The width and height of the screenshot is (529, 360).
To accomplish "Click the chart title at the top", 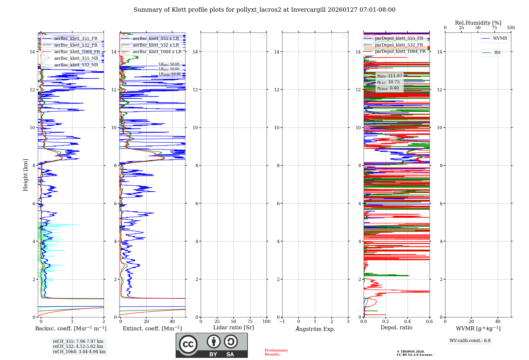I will click(x=264, y=10).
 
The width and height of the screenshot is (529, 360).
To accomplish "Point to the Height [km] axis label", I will click(x=25, y=175).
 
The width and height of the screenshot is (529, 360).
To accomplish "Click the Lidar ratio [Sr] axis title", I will click(x=234, y=327).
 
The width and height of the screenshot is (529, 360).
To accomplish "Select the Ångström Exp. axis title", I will click(x=315, y=329).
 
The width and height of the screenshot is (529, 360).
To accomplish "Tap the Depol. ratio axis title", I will click(x=396, y=327).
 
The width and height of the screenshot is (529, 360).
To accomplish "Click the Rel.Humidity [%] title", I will click(x=478, y=23).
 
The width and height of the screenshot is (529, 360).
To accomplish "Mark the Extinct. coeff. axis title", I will click(x=152, y=328).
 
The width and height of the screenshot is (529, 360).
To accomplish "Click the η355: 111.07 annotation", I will click(x=390, y=76).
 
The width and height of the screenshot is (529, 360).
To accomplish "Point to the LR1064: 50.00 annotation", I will click(x=170, y=74).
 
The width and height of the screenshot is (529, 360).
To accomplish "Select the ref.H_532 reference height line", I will click(x=78, y=346).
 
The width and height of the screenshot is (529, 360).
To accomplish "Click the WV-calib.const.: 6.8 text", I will click(x=470, y=341).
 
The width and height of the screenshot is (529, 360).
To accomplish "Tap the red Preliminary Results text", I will click(x=276, y=352).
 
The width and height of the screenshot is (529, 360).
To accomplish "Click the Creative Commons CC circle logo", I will click(x=188, y=344).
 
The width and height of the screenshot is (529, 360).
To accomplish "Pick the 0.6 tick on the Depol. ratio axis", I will click(x=429, y=322).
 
